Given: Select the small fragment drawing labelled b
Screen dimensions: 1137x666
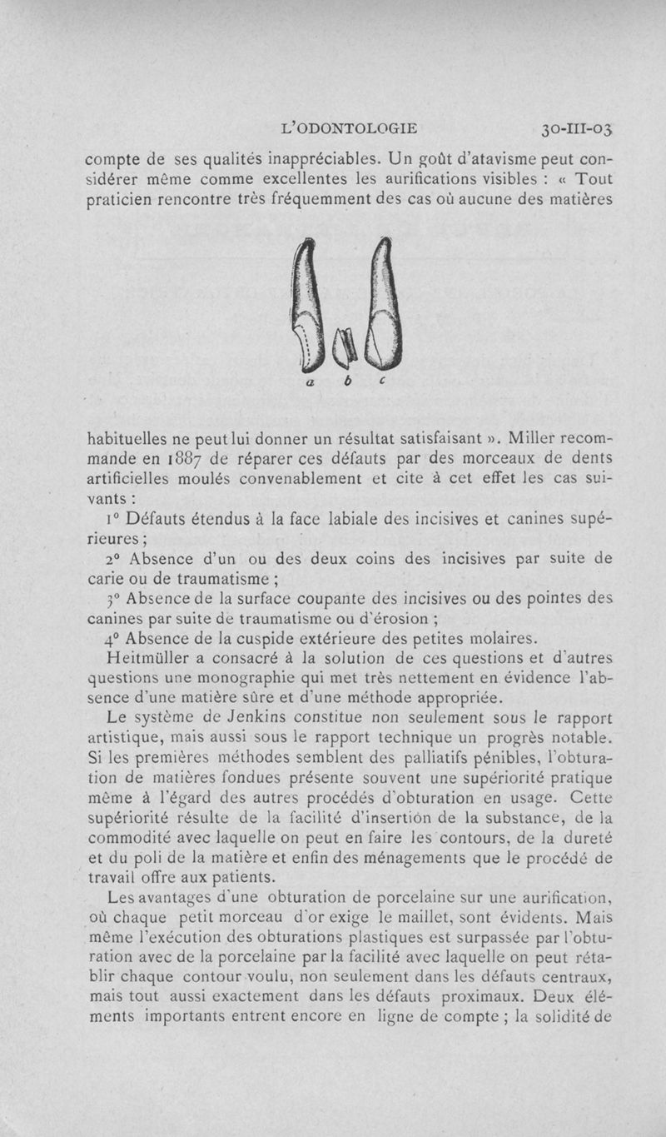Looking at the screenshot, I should [x=344, y=347].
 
